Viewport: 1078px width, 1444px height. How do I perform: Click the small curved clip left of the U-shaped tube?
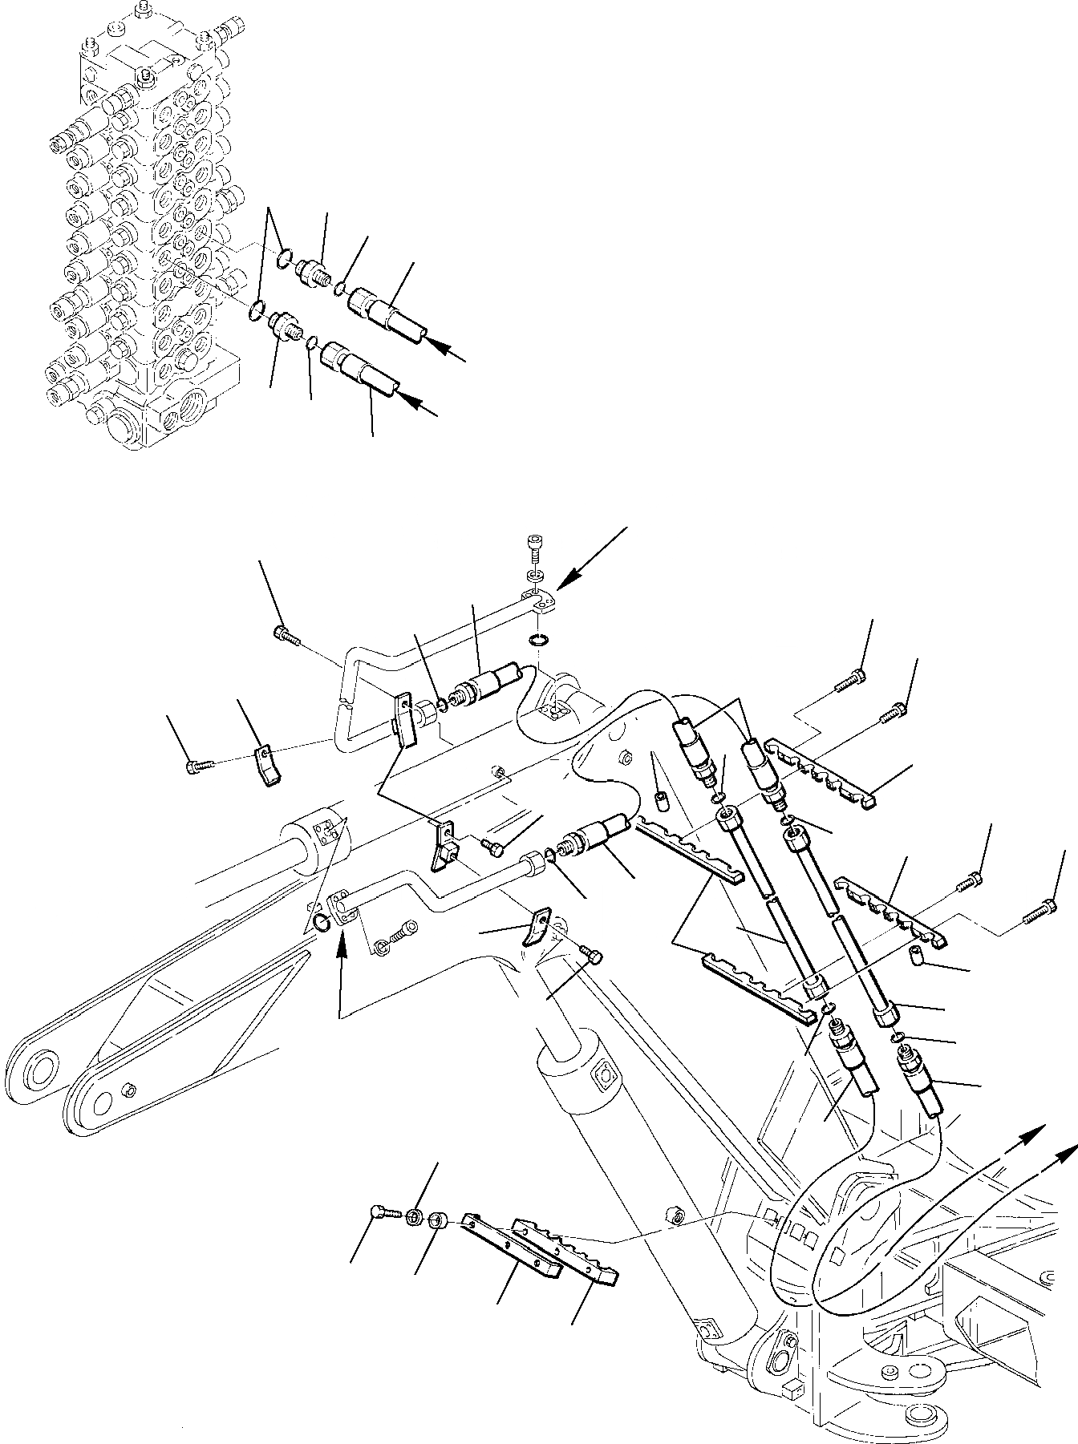[268, 766]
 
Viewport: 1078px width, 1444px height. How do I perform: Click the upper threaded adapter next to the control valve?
[311, 271]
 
